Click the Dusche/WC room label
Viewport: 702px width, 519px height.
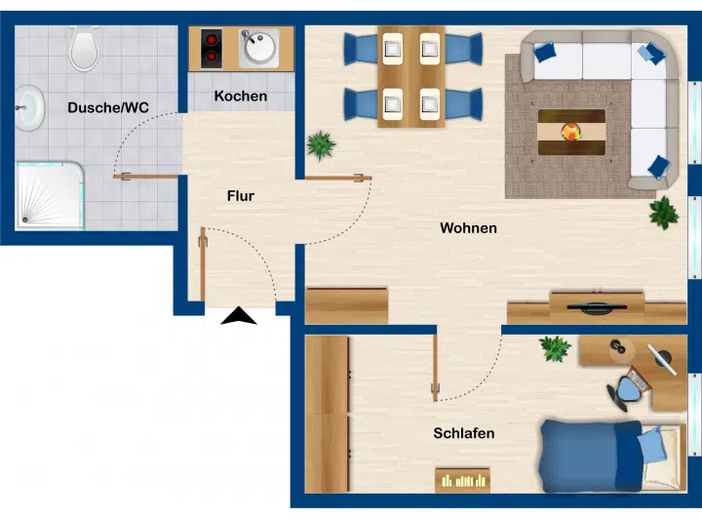click(x=108, y=107)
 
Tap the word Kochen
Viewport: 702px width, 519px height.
click(x=241, y=96)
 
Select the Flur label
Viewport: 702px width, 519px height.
click(x=241, y=196)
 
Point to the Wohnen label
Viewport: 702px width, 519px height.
click(x=468, y=228)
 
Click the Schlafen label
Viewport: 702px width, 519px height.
click(x=464, y=433)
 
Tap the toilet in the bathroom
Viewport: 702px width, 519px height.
click(x=84, y=48)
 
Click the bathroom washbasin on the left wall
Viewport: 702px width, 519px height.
click(x=29, y=108)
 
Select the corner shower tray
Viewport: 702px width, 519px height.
click(x=50, y=196)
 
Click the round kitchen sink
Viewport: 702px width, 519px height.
click(x=259, y=48)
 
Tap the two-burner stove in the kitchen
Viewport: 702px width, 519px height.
click(x=212, y=49)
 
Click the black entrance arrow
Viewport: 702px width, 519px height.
click(x=239, y=315)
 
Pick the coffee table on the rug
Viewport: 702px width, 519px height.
click(x=571, y=132)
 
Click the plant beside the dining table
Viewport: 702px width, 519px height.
click(x=321, y=145)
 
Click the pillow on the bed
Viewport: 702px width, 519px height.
click(x=651, y=444)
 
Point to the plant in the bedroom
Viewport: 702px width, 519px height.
click(x=555, y=348)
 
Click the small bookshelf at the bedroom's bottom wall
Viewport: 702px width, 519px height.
click(x=462, y=481)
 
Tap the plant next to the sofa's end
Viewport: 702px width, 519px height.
click(x=664, y=213)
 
